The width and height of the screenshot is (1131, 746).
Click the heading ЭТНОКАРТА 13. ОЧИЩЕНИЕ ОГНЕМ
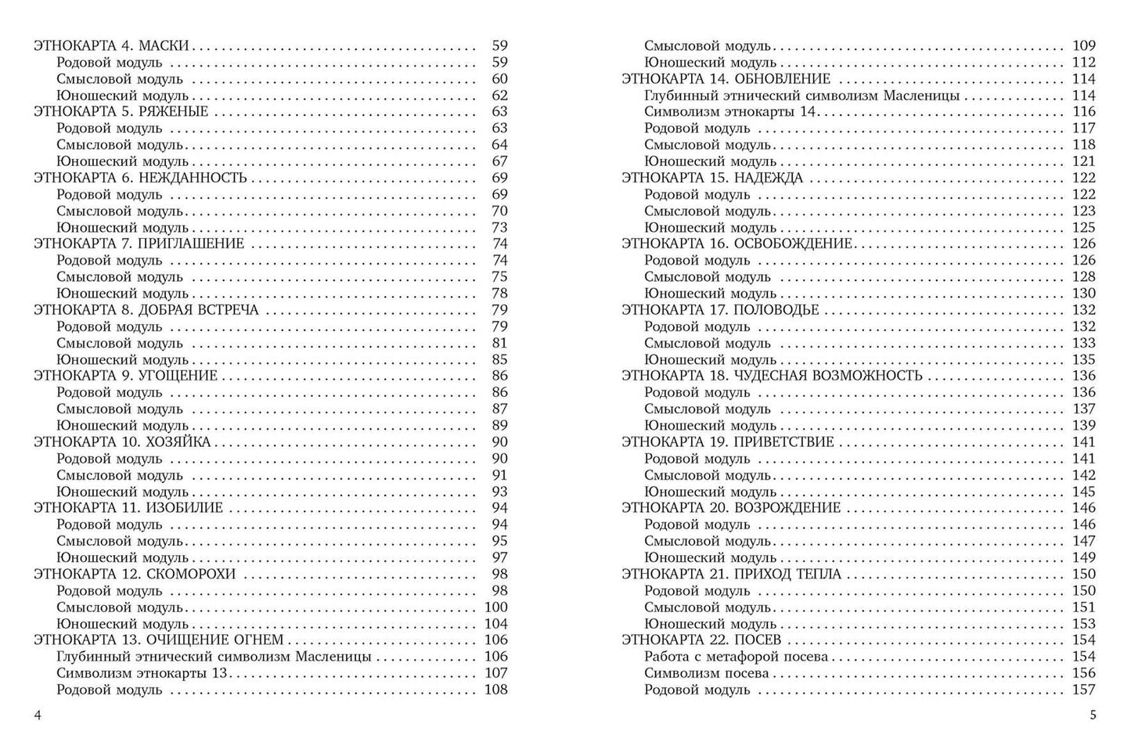click(x=159, y=640)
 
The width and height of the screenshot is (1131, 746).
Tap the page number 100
click(x=496, y=607)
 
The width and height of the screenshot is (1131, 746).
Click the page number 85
click(x=499, y=360)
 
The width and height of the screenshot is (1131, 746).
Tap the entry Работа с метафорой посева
click(x=736, y=657)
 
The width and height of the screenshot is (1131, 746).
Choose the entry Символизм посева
click(x=706, y=673)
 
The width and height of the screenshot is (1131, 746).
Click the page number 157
click(x=1084, y=690)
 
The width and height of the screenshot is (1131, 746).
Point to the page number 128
click(x=1084, y=277)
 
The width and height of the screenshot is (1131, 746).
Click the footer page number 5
click(x=1093, y=715)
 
